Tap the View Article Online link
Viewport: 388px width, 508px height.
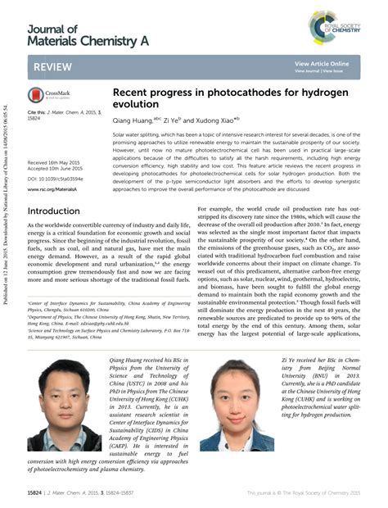coord(321,63)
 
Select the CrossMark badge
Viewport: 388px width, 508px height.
coord(52,95)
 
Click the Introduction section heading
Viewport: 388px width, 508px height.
coord(53,211)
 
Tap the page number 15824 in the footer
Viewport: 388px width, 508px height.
coord(37,492)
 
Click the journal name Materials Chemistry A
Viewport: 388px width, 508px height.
coord(76,41)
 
